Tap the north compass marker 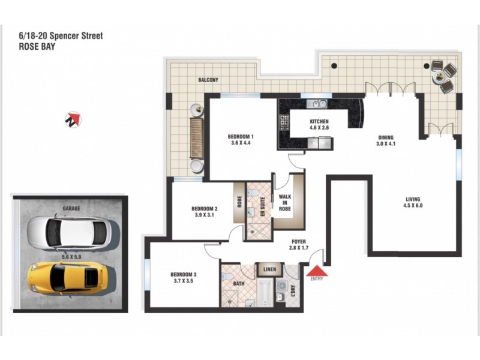pyautogui.click(x=73, y=119)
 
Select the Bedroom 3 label pyautogui.click(x=183, y=275)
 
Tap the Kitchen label pyautogui.click(x=319, y=121)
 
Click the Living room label pyautogui.click(x=412, y=199)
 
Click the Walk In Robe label pyautogui.click(x=284, y=202)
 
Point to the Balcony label pyautogui.click(x=209, y=80)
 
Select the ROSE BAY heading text pyautogui.click(x=37, y=46)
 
